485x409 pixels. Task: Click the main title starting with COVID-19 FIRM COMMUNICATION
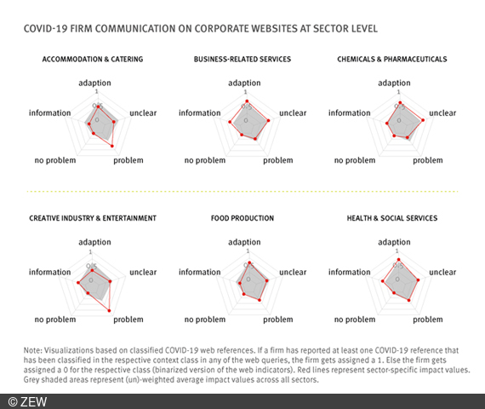(x=202, y=29)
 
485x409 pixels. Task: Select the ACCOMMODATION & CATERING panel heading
(x=93, y=59)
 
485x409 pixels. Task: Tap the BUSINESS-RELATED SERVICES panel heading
(x=243, y=59)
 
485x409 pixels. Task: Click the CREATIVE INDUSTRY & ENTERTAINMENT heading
(x=93, y=218)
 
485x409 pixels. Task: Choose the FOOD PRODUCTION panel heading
(x=243, y=218)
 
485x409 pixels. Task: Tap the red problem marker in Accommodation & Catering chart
(x=112, y=147)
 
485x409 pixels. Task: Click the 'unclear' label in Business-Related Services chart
(x=293, y=112)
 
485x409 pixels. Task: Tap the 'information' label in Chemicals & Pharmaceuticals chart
(x=349, y=112)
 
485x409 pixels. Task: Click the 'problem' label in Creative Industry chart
(x=128, y=320)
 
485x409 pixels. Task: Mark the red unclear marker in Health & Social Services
(x=419, y=279)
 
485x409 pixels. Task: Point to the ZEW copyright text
(x=28, y=400)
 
